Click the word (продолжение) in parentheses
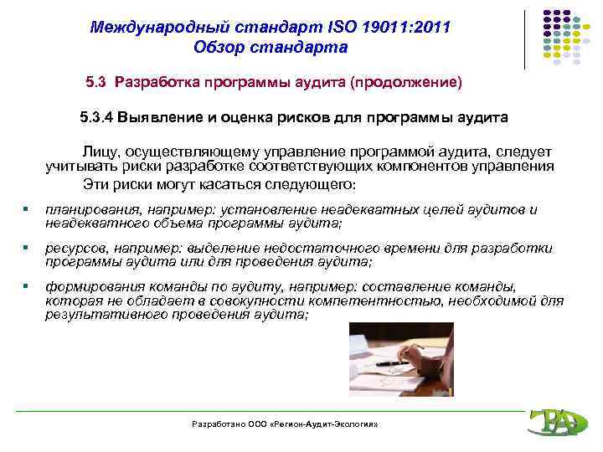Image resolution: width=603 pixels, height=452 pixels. tap(406, 83)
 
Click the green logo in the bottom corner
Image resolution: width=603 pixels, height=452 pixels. tap(556, 423)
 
